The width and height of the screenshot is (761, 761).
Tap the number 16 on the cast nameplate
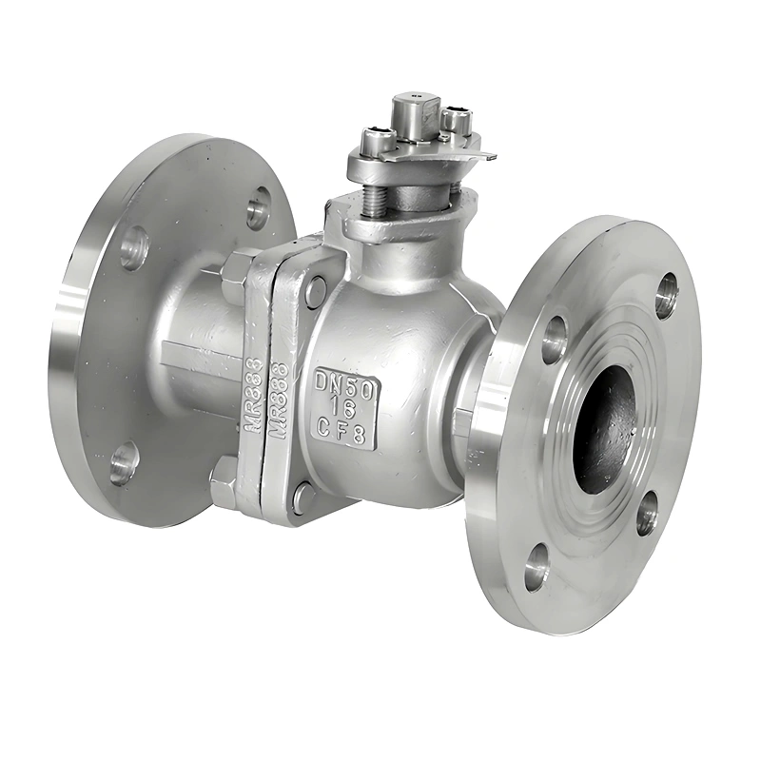click(345, 406)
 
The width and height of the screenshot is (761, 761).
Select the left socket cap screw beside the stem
click(376, 143)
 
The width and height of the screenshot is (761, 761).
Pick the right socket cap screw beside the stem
click(457, 120)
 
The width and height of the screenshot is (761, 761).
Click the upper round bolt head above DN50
click(316, 291)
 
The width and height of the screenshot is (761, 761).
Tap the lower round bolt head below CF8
click(303, 497)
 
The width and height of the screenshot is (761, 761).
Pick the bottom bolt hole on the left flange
click(124, 463)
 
